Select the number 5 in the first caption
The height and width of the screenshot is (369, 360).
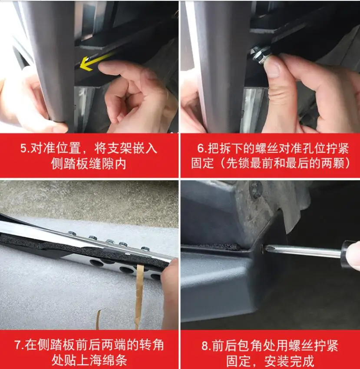point(24,148)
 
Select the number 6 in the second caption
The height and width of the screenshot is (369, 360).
point(201,148)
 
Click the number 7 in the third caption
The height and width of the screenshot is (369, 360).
point(18,346)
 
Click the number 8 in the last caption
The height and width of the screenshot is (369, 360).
point(205,346)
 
